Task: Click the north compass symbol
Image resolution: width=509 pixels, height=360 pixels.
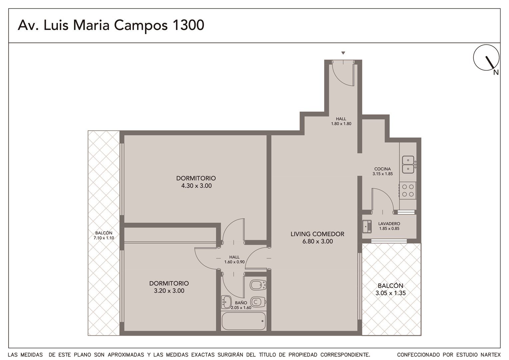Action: (x=486, y=58)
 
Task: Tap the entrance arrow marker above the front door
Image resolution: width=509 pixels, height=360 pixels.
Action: (x=343, y=53)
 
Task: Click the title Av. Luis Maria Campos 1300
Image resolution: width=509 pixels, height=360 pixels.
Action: (x=111, y=25)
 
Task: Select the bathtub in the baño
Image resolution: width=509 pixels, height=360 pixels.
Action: (x=244, y=321)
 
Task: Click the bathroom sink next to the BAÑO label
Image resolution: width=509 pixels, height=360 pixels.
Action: (x=226, y=302)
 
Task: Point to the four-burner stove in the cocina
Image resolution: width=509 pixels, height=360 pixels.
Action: (x=408, y=191)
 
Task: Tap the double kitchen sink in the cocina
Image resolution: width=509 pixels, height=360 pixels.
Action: (x=408, y=164)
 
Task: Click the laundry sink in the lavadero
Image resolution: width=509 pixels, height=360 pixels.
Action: (x=367, y=226)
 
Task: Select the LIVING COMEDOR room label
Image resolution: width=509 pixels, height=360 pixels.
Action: (x=317, y=234)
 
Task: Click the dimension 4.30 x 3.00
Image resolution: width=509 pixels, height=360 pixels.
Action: (x=196, y=186)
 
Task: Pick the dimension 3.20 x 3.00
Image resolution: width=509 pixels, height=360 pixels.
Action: (x=169, y=291)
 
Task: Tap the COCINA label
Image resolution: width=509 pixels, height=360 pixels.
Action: (x=382, y=169)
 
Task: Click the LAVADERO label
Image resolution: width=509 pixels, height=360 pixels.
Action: (x=389, y=224)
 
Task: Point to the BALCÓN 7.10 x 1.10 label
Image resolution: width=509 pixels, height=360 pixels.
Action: (x=104, y=235)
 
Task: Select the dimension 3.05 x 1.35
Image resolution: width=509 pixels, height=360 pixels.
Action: (x=390, y=293)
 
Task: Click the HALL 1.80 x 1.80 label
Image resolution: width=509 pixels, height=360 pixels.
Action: (x=341, y=121)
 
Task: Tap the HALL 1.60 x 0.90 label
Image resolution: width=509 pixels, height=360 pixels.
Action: (x=235, y=259)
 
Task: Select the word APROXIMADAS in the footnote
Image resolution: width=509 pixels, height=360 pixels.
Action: (x=126, y=355)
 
